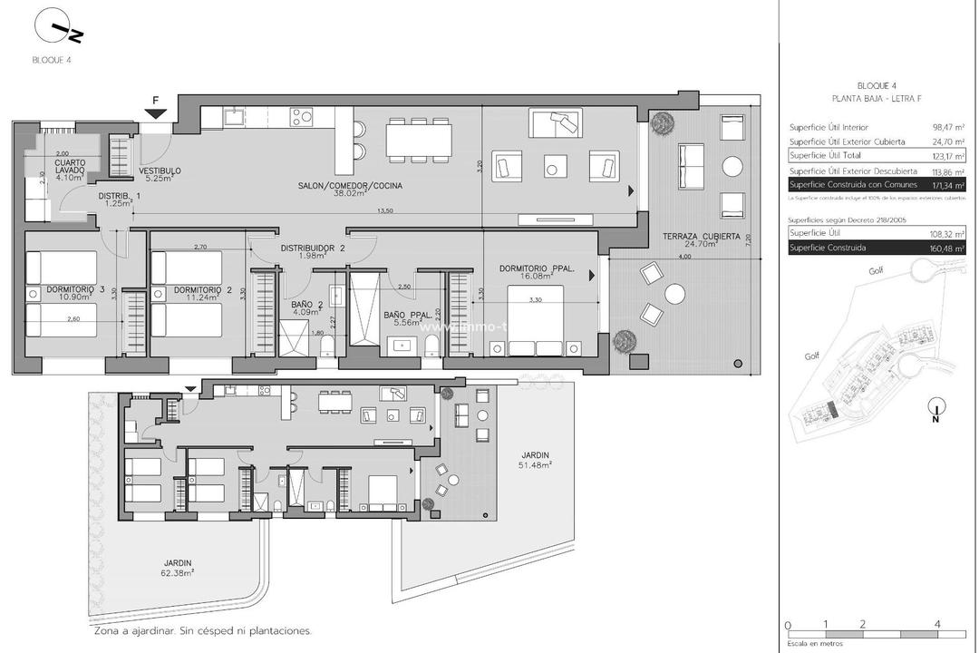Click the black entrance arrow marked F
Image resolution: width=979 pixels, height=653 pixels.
[157, 112]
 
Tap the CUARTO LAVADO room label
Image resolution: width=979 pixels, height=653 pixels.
[69, 166]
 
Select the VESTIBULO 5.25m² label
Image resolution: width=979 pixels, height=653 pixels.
[160, 174]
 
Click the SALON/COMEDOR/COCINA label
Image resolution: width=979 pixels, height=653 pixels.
[350, 188]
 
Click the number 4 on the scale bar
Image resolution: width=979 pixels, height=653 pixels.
[937, 625]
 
